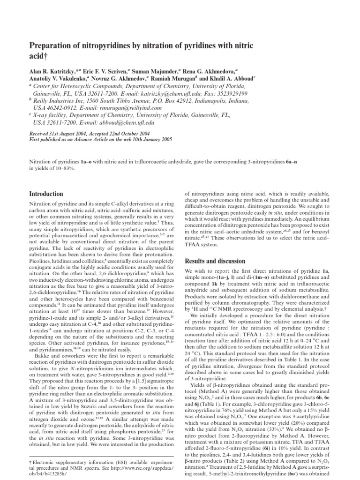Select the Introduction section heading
click(x=46, y=194)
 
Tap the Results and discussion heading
click(x=215, y=261)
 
